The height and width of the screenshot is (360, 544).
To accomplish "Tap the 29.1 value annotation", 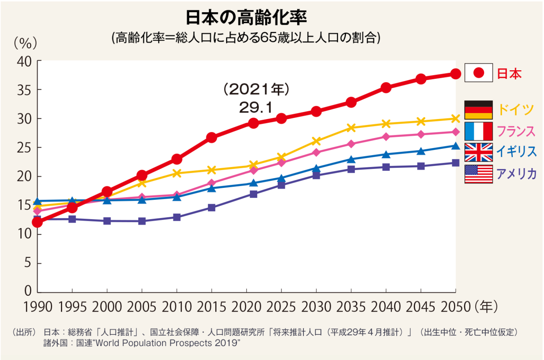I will (256, 107).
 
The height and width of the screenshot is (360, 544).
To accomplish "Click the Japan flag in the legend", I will (478, 73).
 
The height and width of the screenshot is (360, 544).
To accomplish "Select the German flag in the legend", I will (478, 110).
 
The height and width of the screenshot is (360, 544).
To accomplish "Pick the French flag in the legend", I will (478, 131).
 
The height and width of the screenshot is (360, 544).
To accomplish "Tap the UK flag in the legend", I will (478, 152).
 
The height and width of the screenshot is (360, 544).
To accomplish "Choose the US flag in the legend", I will (478, 174).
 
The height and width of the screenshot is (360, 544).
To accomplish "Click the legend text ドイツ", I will (516, 109).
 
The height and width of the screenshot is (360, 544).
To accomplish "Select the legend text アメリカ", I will (516, 174).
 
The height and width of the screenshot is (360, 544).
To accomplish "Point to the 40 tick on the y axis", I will (24, 61).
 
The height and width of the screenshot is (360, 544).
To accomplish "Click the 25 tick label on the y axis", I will (24, 147).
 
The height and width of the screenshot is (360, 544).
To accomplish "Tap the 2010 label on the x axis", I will (176, 307).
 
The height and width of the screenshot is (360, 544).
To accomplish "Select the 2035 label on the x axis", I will (351, 307).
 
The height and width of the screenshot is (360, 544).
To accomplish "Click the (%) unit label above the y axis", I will (25, 43).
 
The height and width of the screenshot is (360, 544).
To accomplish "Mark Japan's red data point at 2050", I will (455, 74).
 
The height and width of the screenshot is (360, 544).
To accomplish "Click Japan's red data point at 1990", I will (37, 222).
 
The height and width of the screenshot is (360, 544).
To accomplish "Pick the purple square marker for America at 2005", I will (142, 221).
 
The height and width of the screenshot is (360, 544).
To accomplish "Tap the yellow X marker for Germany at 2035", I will (351, 128).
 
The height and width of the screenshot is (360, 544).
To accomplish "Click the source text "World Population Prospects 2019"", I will (166, 343).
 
